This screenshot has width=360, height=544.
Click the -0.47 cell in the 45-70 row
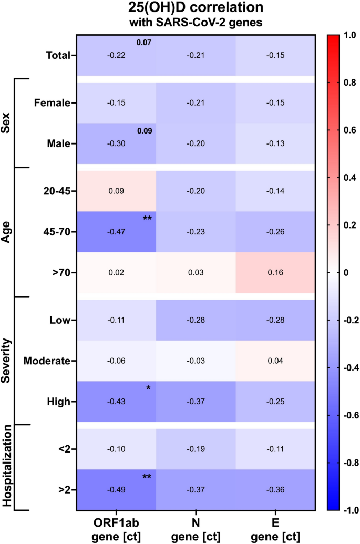point(117,232)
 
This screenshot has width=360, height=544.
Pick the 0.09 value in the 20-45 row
point(117,191)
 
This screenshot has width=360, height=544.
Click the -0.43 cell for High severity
point(117,402)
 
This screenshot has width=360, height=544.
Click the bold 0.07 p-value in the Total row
point(143,43)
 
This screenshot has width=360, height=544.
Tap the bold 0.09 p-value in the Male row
point(143,131)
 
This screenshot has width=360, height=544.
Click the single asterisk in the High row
point(148,389)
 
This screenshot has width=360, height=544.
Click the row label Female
point(52,103)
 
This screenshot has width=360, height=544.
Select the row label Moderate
point(46,362)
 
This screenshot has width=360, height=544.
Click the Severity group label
point(8,361)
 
